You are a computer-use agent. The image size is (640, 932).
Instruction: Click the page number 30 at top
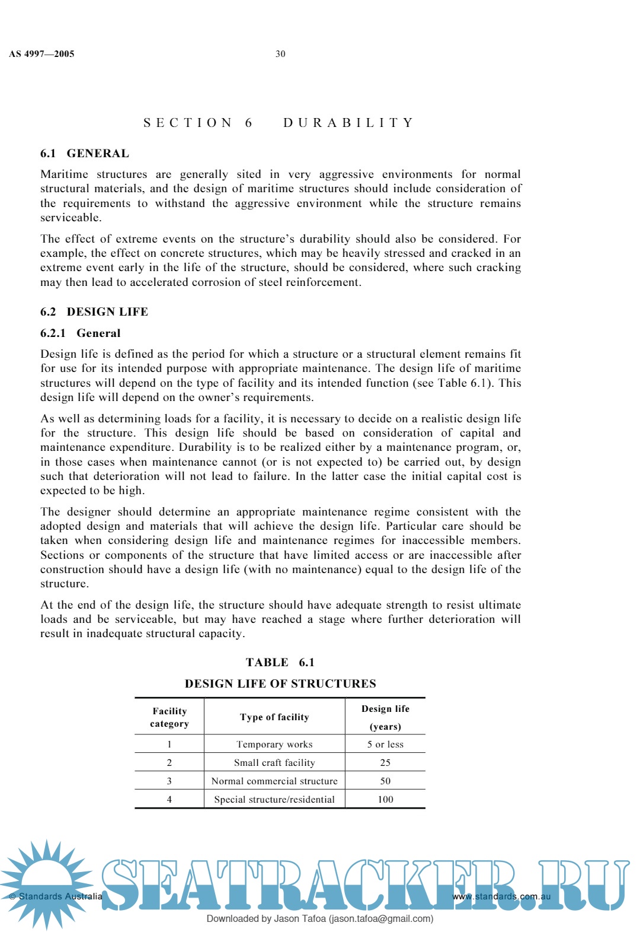(280, 54)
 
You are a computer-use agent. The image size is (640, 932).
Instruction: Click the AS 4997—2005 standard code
(41, 54)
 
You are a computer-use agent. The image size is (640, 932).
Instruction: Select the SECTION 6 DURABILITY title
(279, 123)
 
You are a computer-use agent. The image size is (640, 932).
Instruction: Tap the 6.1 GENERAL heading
(85, 154)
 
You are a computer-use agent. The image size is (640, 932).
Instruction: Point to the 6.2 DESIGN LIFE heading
(94, 312)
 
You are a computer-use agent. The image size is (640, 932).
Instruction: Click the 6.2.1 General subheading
(81, 333)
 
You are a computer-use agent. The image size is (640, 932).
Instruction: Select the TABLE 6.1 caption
(280, 663)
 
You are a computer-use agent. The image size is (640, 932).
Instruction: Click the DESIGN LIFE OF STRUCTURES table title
(280, 684)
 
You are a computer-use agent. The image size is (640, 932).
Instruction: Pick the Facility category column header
(169, 717)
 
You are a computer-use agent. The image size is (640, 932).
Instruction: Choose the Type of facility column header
(274, 717)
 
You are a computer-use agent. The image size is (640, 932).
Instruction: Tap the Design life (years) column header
(385, 717)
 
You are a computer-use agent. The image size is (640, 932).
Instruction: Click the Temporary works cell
(274, 745)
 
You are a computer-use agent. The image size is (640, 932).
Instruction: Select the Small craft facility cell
(274, 763)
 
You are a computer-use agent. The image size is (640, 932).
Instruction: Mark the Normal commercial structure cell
(274, 781)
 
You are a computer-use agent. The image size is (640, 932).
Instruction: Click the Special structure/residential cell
(274, 800)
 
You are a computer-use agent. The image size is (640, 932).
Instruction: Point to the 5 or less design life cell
(385, 745)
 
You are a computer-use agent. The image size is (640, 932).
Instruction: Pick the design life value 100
(385, 800)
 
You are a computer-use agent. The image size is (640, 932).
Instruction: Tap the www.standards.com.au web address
(501, 896)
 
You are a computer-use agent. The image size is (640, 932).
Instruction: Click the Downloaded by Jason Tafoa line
(320, 919)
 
